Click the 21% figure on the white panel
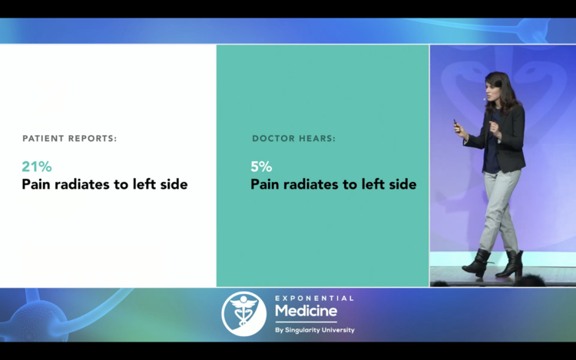pos(37,167)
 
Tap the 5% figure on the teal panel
pos(261,167)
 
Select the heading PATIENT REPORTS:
pos(69,138)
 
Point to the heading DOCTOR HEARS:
pos(293,138)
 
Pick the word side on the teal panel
pos(402,184)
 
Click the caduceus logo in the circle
pos(243,314)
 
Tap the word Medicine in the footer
pos(306,311)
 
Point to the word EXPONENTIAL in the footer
pos(314,298)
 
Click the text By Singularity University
pos(315,330)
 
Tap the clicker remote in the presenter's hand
pos(456,124)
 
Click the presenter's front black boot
pos(477,263)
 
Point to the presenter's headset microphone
pos(485,99)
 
